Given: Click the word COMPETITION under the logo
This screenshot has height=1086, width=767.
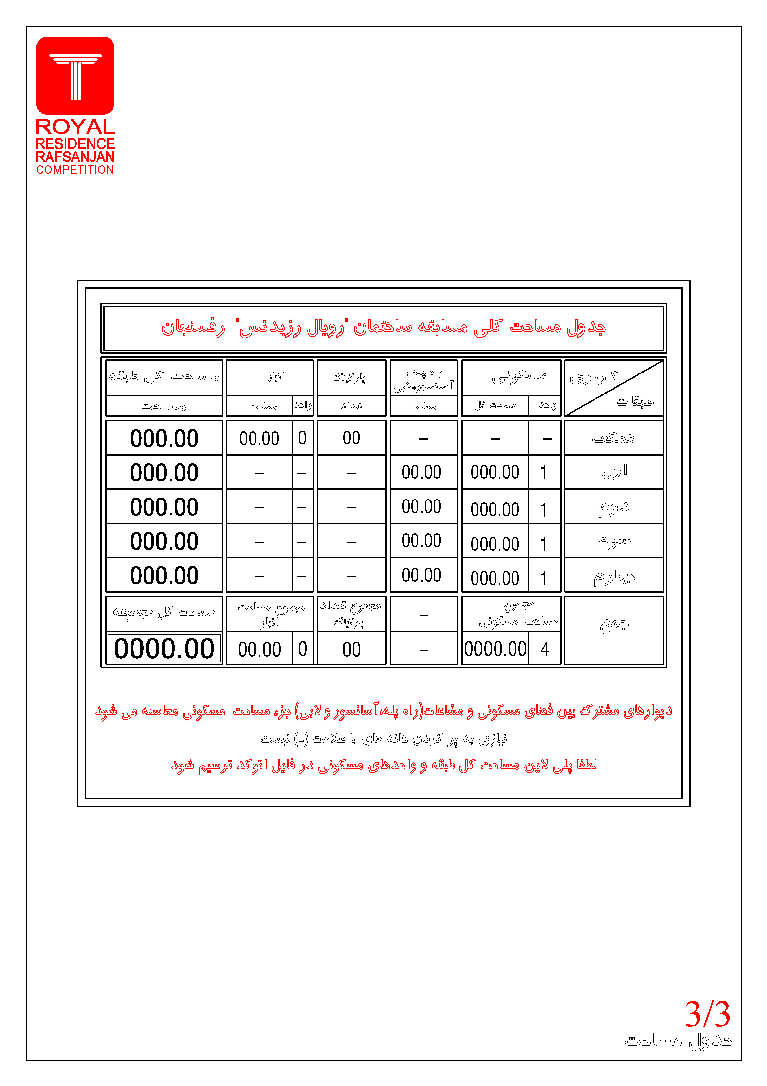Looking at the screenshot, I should tap(75, 170).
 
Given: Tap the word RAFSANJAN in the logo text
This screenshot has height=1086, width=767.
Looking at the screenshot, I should tap(75, 157).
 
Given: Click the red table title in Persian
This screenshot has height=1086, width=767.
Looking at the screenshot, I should tap(383, 327).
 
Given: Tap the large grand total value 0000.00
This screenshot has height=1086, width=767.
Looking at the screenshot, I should tap(164, 649).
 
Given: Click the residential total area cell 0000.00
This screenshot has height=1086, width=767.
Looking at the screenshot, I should tap(495, 649).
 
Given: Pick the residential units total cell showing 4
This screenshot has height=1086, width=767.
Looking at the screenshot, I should tap(544, 649).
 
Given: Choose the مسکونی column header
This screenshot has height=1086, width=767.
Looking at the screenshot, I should tap(520, 376).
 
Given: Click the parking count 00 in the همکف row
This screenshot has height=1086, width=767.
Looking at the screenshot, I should tap(351, 438).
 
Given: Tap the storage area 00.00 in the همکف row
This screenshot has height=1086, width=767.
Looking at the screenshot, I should tap(259, 438).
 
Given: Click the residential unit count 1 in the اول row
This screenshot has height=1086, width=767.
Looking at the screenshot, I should tap(544, 472).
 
